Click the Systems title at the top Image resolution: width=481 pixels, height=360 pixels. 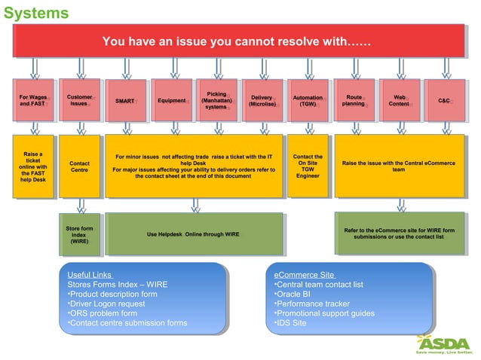pos(36,13)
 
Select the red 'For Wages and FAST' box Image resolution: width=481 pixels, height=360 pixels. pos(34,99)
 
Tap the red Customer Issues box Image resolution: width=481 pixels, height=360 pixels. pos(79,99)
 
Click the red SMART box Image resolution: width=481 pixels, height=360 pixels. pos(125,100)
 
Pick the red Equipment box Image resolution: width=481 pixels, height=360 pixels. pos(171,100)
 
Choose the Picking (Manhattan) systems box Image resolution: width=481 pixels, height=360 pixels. pos(216,100)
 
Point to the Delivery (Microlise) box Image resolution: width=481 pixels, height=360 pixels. pos(262,100)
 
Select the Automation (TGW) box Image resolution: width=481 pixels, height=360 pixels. pos(308,100)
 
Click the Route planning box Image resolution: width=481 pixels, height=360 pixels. pos(354,100)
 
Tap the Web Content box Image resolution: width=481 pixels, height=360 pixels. pos(400,100)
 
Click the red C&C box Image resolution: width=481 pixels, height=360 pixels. pos(444,100)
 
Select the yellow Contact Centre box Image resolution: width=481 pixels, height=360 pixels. pos(79,166)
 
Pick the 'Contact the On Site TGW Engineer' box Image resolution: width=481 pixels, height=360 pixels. pos(308,166)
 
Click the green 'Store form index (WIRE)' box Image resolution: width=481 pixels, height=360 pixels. pos(79,234)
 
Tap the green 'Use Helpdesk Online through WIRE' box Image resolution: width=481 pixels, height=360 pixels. pos(194,234)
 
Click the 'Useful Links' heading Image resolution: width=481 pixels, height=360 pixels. pos(90,275)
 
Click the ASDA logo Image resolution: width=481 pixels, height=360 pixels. pos(444,343)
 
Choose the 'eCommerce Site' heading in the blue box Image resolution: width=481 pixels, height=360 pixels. pos(304,275)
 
